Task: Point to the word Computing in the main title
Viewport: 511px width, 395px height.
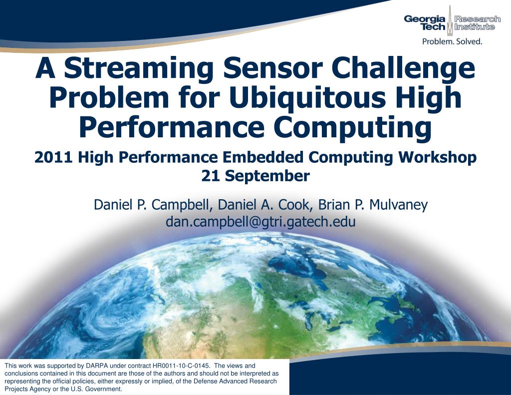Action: tap(353, 127)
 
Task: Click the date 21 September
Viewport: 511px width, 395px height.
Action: tap(255, 176)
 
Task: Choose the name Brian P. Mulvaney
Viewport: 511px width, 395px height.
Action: tap(373, 205)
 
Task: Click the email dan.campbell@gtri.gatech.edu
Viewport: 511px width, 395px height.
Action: tap(260, 222)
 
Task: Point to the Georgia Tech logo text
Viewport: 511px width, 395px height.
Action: tap(425, 22)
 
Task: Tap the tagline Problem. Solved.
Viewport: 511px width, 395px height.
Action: tap(452, 41)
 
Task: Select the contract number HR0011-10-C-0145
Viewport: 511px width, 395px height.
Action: tap(181, 366)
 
